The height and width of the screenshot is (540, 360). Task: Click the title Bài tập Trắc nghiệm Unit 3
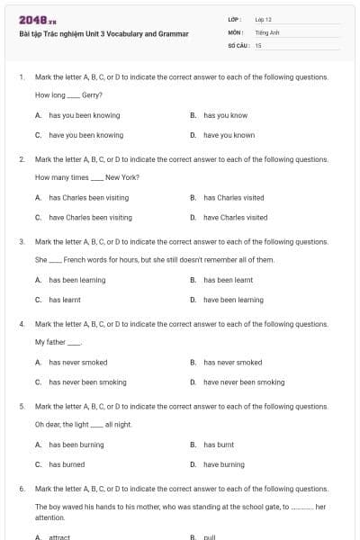(103, 34)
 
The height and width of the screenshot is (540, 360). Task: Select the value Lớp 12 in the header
(263, 19)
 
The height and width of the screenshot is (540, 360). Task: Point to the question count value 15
(258, 45)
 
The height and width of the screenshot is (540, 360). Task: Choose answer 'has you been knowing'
(84, 115)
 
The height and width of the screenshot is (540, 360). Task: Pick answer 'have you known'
(229, 135)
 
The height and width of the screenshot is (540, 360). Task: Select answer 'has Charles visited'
(233, 197)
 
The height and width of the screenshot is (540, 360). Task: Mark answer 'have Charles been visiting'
(90, 217)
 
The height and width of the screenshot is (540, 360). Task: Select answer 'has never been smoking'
(87, 382)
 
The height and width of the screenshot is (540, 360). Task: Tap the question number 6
(21, 488)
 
